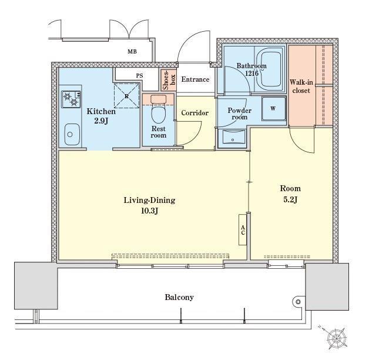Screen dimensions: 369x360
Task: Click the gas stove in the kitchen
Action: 71,99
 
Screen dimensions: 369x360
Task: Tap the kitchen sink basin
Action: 72,134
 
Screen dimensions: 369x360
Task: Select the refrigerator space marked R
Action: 126,96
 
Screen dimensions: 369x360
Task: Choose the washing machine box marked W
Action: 274,109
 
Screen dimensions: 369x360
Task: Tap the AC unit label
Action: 243,230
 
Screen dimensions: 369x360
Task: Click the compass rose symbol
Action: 337,338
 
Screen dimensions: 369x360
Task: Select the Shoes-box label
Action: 169,80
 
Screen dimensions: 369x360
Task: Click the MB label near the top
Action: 132,51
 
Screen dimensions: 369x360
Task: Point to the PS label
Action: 139,76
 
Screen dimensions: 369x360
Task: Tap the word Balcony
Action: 179,297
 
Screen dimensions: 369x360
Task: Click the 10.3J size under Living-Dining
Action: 149,211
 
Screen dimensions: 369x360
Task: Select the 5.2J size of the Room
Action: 290,199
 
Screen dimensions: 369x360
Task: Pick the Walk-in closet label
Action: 301,86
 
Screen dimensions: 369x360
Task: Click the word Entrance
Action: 195,79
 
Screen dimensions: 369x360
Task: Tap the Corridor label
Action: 195,113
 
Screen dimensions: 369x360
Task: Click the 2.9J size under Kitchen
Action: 101,121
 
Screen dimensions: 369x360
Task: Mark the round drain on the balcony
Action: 298,302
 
